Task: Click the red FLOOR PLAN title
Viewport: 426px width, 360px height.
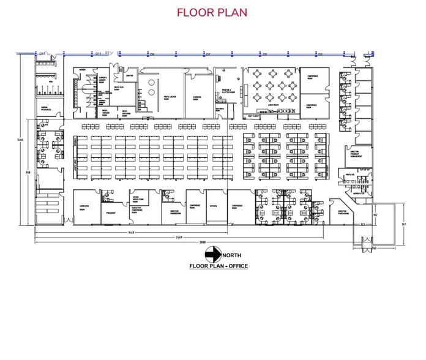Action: (x=212, y=12)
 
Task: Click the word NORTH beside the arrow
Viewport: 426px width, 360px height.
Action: (x=231, y=255)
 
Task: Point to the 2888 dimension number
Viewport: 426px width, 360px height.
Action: (x=203, y=242)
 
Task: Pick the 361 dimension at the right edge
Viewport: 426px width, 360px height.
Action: (x=404, y=224)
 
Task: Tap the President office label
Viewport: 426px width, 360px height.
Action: (x=111, y=212)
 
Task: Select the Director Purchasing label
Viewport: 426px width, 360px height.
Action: (x=343, y=212)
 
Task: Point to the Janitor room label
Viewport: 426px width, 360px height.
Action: (x=129, y=76)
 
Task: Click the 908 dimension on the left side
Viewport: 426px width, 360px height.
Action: (x=27, y=172)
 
